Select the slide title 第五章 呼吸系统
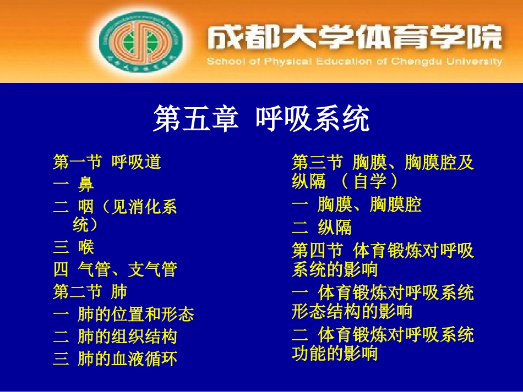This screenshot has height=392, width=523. (261, 119)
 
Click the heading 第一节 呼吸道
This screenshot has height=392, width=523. (107, 162)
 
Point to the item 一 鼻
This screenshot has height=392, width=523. (73, 184)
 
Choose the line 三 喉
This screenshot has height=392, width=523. (73, 247)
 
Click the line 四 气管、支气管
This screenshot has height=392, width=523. (115, 269)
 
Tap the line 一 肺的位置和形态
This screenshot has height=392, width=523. (123, 314)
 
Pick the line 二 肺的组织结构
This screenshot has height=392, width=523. (115, 336)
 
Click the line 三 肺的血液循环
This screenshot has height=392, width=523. (115, 359)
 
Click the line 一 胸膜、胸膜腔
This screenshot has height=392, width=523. (356, 205)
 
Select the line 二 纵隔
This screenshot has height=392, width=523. (322, 228)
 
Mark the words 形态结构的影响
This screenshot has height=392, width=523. (352, 312)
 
